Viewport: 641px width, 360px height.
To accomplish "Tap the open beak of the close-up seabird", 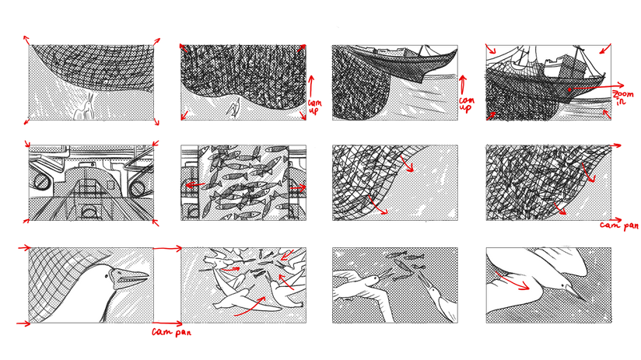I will click(135, 278).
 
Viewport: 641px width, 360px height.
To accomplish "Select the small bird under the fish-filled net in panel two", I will click(233, 109).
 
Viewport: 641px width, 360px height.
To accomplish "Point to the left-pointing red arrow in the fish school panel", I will click(195, 185).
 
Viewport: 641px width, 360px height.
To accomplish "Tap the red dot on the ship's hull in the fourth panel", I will click(569, 90).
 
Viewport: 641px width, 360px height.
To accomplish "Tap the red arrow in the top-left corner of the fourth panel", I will click(491, 49).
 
